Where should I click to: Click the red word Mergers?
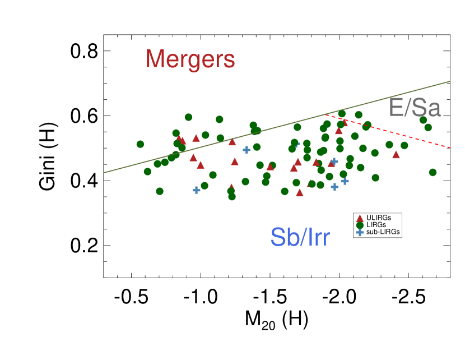pyautogui.click(x=190, y=59)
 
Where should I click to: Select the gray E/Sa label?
pyautogui.click(x=415, y=108)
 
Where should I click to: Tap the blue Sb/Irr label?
pyautogui.click(x=300, y=237)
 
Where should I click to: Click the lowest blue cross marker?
pyautogui.click(x=360, y=232)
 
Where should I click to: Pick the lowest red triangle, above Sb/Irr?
pyautogui.click(x=360, y=218)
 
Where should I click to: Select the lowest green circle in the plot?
pyautogui.click(x=360, y=225)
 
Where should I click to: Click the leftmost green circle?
pyautogui.click(x=140, y=144)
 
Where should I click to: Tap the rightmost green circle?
pyautogui.click(x=433, y=172)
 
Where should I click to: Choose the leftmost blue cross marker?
pyautogui.click(x=197, y=190)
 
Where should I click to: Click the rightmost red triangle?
pyautogui.click(x=396, y=154)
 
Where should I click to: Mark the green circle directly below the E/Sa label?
pyautogui.click(x=423, y=120)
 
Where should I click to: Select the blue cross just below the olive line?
pyautogui.click(x=247, y=150)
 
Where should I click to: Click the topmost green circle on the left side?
pyautogui.click(x=188, y=117)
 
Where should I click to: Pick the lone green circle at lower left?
pyautogui.click(x=160, y=191)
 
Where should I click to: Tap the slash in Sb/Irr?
pyautogui.click(x=301, y=237)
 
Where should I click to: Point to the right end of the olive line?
pyautogui.click(x=449, y=81)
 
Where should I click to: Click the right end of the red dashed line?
pyautogui.click(x=450, y=147)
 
